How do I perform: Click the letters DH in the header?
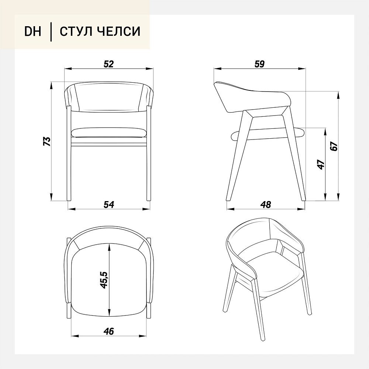coord(33,31)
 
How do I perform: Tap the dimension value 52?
coord(109,64)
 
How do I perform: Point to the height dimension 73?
coord(47,141)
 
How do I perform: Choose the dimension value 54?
coord(109,204)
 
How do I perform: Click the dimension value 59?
coord(259,64)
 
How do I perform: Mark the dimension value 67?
coord(334,146)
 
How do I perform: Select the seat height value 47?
coord(321,165)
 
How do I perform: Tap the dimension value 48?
coord(266,204)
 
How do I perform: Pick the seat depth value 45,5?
coord(104,280)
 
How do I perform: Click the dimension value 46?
coord(109,331)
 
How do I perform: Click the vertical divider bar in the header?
coord(51,31)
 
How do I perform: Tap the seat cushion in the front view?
coord(109,133)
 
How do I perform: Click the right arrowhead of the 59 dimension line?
coord(303,69)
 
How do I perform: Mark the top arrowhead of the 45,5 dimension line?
coord(109,247)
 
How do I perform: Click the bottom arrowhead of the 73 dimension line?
coord(51,197)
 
